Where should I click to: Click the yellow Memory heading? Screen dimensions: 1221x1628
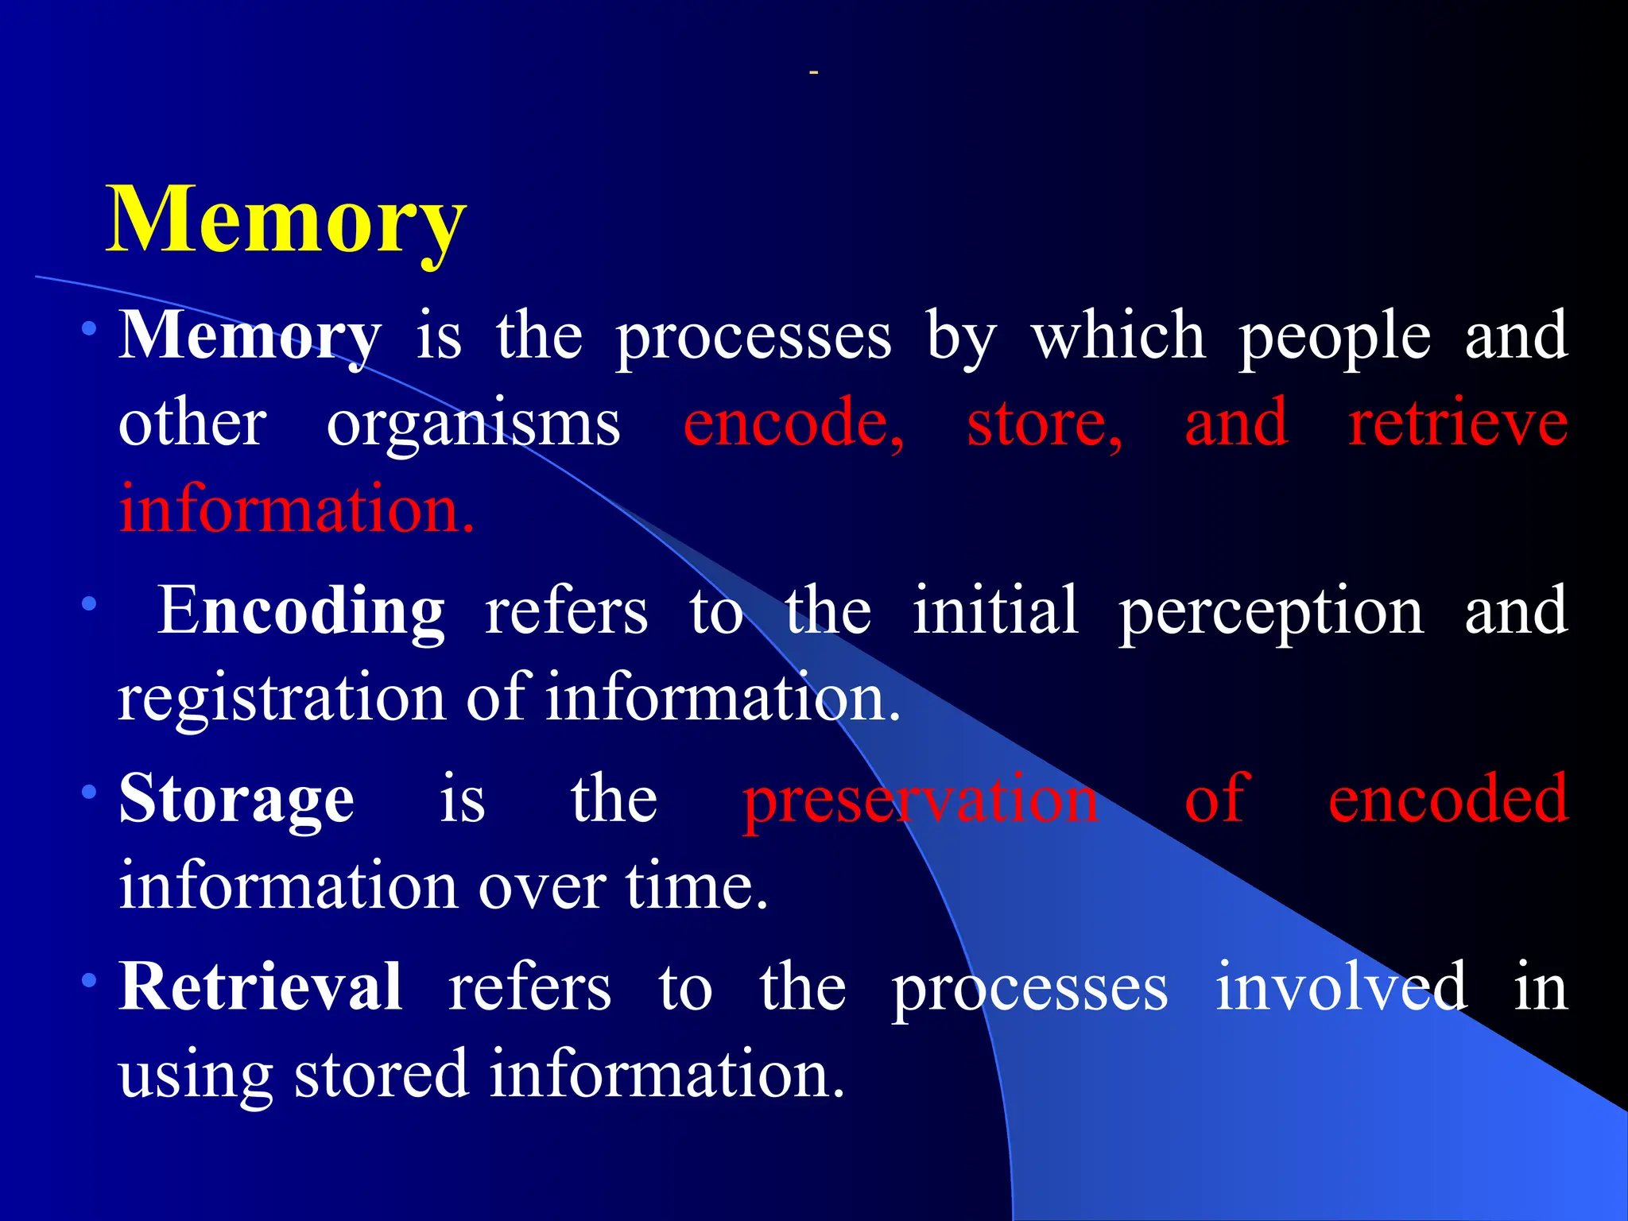[x=286, y=219]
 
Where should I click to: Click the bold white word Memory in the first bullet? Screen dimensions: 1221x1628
[x=250, y=336]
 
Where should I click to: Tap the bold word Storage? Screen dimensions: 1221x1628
[x=236, y=799]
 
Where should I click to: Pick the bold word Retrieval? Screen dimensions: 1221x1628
[x=260, y=986]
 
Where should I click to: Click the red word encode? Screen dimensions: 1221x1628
[x=793, y=423]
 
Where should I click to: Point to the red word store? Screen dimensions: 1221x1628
[x=1045, y=423]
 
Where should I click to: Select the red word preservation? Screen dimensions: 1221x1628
[x=921, y=799]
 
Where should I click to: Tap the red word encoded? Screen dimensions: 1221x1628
[x=1448, y=799]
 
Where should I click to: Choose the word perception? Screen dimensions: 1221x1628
[x=1271, y=610]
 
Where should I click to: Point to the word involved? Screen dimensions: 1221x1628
[x=1341, y=986]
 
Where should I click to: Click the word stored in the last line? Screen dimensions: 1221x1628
[x=381, y=1074]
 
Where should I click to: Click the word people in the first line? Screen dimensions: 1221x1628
[x=1335, y=336]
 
